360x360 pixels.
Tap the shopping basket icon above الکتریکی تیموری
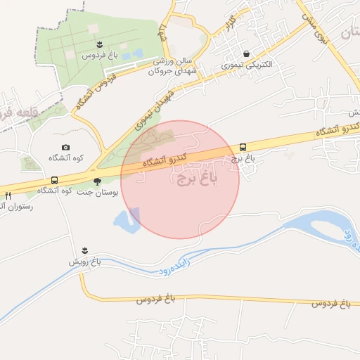246,54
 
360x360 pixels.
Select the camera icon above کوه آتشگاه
65,147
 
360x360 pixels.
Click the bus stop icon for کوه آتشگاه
54,181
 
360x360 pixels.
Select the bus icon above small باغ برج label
243,147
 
